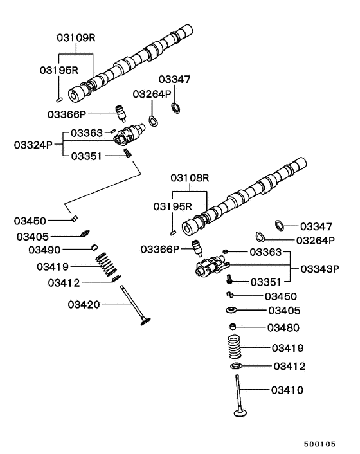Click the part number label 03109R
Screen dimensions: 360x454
pyautogui.click(x=76, y=38)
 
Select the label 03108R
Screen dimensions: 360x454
pyautogui.click(x=190, y=177)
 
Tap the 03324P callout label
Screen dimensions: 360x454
pyautogui.click(x=33, y=145)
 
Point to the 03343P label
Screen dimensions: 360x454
pyautogui.click(x=319, y=269)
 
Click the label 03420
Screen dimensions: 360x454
pyautogui.click(x=84, y=304)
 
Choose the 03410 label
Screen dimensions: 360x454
pyautogui.click(x=287, y=390)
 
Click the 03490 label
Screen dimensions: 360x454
pyautogui.click(x=44, y=250)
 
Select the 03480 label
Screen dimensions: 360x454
pyautogui.click(x=283, y=327)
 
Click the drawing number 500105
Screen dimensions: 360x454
pyautogui.click(x=319, y=444)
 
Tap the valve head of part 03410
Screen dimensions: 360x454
pyautogui.click(x=240, y=413)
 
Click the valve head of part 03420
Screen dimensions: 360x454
pyautogui.click(x=145, y=322)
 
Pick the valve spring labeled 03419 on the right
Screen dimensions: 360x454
pyautogui.click(x=235, y=347)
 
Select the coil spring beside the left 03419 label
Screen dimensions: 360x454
pyautogui.click(x=106, y=264)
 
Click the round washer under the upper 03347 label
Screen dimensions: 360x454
pyautogui.click(x=175, y=107)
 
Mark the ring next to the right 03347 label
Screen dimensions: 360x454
pyautogui.click(x=280, y=226)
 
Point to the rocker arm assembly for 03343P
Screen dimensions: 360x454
pyautogui.click(x=212, y=266)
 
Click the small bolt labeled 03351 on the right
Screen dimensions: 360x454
pyautogui.click(x=230, y=280)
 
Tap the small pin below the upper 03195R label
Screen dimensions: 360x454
pyautogui.click(x=59, y=100)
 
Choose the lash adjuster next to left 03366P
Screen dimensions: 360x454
pyautogui.click(x=120, y=113)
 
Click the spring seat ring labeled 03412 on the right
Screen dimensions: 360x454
pyautogui.click(x=236, y=367)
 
